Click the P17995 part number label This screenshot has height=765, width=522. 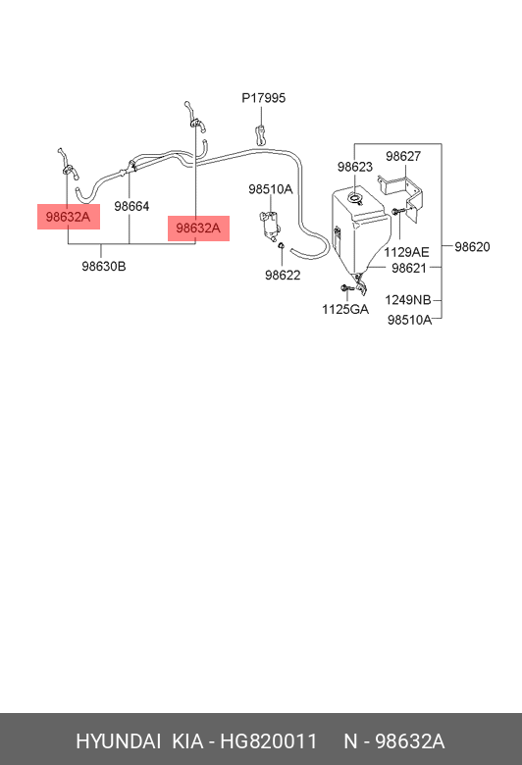tap(264, 98)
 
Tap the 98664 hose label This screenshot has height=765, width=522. tap(131, 206)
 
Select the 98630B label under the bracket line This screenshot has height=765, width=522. tap(104, 267)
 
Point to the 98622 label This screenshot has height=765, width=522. tap(283, 276)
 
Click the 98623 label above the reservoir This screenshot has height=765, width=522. tap(355, 167)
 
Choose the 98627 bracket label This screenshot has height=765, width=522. tap(403, 156)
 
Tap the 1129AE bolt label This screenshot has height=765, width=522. tap(406, 252)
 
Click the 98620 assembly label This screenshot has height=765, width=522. tap(472, 247)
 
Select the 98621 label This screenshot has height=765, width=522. tap(409, 268)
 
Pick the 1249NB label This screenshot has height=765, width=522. tap(408, 300)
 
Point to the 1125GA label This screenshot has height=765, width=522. tap(345, 309)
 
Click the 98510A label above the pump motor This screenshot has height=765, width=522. tap(271, 189)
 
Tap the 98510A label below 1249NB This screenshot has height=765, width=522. tap(410, 320)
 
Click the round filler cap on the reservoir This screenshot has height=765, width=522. tap(354, 197)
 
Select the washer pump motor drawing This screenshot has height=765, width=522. tap(270, 226)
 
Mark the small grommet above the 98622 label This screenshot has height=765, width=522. tap(282, 245)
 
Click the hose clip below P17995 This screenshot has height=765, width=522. tap(261, 134)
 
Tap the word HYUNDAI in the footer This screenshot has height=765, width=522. tap(118, 741)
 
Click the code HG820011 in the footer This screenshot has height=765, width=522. tap(269, 741)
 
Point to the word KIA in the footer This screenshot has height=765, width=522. tap(187, 741)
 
